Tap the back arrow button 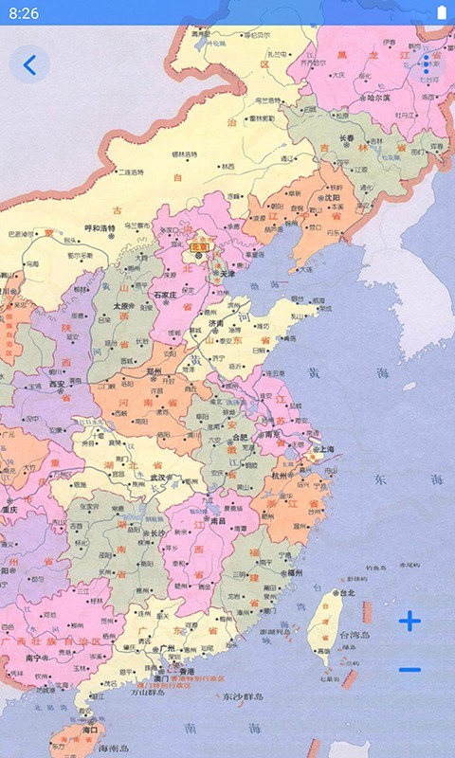click(30, 65)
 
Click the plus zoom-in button click(409, 622)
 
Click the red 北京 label click(200, 246)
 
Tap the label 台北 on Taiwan click(345, 593)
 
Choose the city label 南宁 click(38, 656)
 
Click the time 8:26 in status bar click(24, 13)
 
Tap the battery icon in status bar click(440, 13)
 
